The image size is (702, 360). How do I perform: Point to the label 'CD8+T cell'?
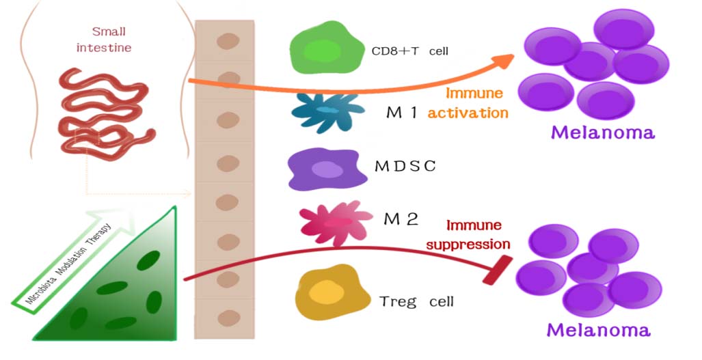[409, 51]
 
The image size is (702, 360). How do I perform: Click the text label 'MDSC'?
[405, 166]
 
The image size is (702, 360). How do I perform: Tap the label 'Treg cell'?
[416, 301]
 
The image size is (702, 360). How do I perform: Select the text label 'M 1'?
[401, 112]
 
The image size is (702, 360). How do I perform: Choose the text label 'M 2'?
[401, 219]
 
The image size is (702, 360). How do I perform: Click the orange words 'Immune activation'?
[468, 102]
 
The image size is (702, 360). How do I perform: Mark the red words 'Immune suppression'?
[478, 234]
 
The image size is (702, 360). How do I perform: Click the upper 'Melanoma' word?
[602, 132]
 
